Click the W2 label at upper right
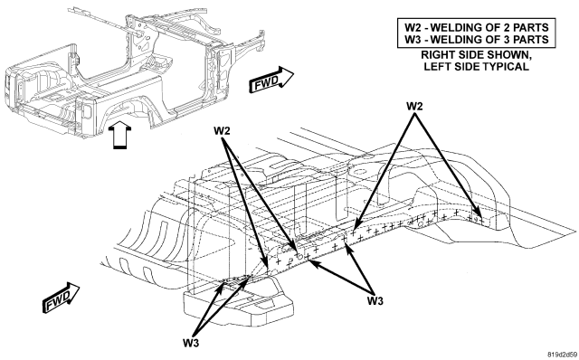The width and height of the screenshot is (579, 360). (414, 107)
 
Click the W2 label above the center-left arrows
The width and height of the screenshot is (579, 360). (222, 131)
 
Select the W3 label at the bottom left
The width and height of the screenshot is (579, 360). (191, 343)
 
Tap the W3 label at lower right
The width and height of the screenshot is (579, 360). (375, 301)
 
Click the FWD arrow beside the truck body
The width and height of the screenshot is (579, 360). (271, 80)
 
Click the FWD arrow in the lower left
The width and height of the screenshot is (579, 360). (62, 298)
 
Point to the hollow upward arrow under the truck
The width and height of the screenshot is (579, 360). (119, 137)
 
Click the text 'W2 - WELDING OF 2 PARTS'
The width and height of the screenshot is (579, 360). (477, 27)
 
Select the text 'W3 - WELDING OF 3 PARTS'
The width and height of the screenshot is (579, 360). (477, 39)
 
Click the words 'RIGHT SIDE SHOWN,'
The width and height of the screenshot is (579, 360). (477, 55)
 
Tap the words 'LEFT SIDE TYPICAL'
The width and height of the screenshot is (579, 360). (477, 66)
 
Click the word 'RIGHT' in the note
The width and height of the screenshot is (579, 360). (437, 54)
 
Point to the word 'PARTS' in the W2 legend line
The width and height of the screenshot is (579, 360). (531, 27)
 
